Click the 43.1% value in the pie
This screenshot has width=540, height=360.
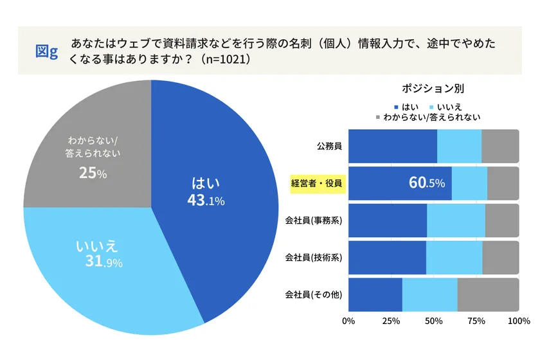[205, 201]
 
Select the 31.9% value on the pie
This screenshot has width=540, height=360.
[103, 262]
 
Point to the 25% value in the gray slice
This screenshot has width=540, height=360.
[93, 173]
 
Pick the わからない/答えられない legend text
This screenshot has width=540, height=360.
[431, 118]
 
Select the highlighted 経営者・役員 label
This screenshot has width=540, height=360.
[314, 183]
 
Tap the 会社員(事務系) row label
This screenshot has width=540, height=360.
[313, 221]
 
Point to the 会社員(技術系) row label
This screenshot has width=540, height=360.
[313, 258]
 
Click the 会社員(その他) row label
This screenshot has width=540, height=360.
[313, 295]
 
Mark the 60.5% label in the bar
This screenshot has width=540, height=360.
[426, 183]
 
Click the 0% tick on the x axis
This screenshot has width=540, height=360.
[349, 321]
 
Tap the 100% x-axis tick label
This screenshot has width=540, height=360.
[518, 321]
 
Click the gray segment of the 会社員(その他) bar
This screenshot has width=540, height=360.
[488, 295]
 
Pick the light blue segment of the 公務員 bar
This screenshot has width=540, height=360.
[459, 145]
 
